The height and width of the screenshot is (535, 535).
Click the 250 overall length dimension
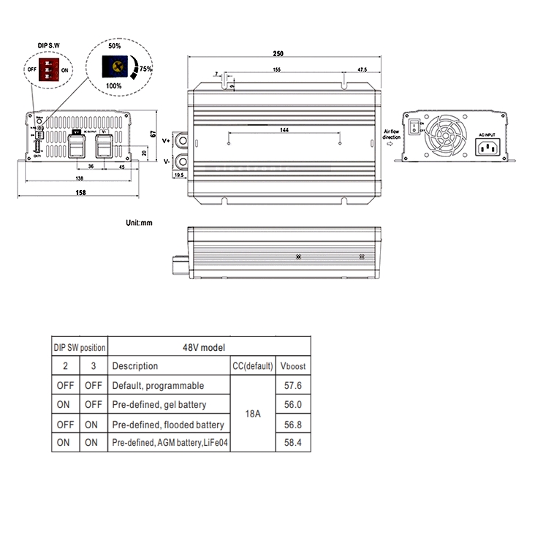coord(278,53)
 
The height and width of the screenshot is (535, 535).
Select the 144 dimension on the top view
coord(284,129)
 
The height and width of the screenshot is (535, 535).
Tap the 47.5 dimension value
coord(362,69)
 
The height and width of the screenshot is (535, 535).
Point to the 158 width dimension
coord(80,192)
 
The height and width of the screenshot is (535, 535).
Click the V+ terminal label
coord(166,139)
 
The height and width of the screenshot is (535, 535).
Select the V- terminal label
coord(166,160)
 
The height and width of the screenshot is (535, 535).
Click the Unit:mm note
coord(139,221)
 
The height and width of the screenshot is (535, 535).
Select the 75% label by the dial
coord(146,69)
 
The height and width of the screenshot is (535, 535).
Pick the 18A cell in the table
coord(253,414)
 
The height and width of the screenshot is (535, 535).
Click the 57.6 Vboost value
coord(292,385)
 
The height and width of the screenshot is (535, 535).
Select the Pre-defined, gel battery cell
coord(159,404)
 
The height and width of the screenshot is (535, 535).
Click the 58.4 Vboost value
coord(292,442)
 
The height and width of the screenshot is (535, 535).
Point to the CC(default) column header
coord(252,366)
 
